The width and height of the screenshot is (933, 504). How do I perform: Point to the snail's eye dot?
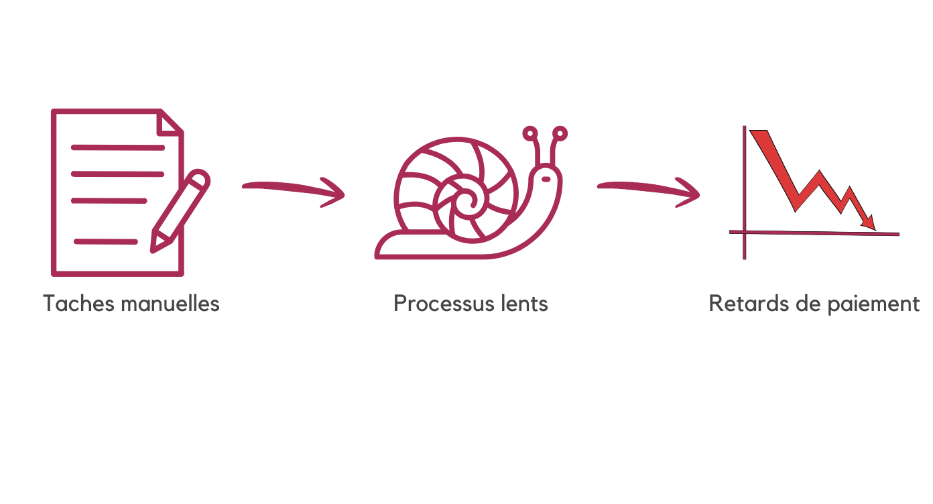(546, 179)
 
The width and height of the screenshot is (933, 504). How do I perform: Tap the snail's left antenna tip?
(531, 133)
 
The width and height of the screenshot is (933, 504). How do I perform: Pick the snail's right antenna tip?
(560, 133)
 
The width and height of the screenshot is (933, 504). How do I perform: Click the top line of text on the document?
(118, 147)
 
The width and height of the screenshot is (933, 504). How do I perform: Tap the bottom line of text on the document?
(106, 241)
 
